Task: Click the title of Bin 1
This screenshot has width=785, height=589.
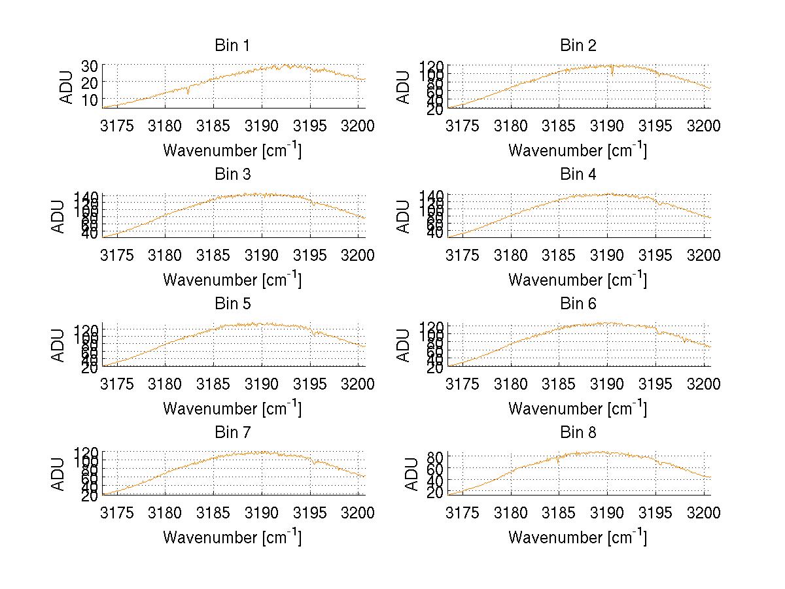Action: click(x=232, y=46)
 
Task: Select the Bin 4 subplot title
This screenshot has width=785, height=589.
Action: click(x=578, y=175)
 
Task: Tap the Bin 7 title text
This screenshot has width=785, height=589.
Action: click(x=232, y=433)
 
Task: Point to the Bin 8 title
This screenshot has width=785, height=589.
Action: click(x=578, y=433)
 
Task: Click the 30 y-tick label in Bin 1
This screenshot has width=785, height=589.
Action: click(x=90, y=65)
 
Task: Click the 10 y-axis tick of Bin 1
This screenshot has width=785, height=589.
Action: click(x=90, y=99)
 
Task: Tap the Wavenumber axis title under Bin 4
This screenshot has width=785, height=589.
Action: click(x=578, y=279)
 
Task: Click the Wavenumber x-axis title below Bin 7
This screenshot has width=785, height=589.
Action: click(x=232, y=537)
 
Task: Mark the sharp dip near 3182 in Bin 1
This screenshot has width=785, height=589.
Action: click(x=188, y=93)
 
